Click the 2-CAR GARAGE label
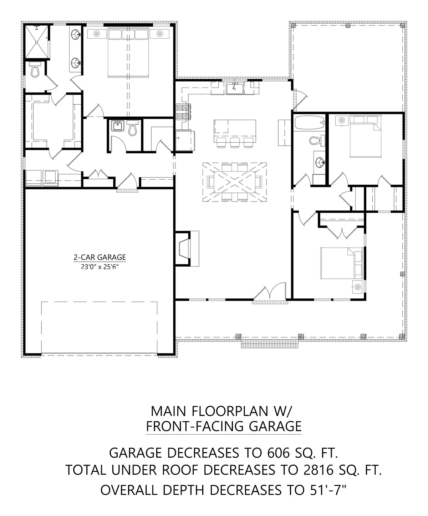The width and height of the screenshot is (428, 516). [x=100, y=257]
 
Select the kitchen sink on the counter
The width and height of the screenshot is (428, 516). [x=235, y=88]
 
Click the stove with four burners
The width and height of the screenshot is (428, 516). [x=183, y=111]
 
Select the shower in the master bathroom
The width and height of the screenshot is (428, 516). [x=36, y=42]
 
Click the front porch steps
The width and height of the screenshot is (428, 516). [x=270, y=344]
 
